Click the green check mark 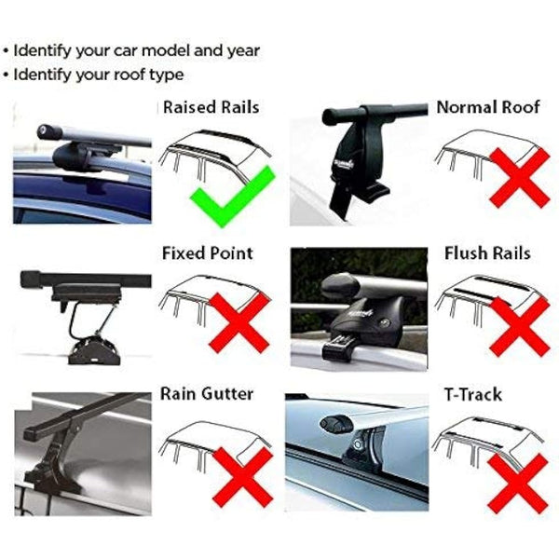(x=231, y=195)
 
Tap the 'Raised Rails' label (x=211, y=107)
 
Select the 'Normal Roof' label (x=488, y=107)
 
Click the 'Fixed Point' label (x=207, y=252)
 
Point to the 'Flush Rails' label (x=488, y=252)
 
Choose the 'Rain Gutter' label (x=207, y=394)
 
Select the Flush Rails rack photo (x=360, y=306)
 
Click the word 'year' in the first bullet (x=240, y=50)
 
